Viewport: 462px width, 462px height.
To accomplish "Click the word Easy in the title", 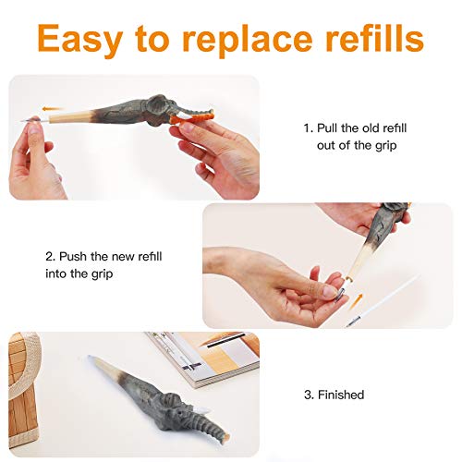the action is pos(81,39).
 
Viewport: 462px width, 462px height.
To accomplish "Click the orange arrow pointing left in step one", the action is pos(52,109).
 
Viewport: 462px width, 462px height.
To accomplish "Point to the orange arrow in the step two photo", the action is pos(358,300).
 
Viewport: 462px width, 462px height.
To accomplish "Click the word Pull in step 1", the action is pos(328,128).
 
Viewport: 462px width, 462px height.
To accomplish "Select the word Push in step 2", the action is pos(72,256).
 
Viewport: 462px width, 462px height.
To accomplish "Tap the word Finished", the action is pos(341,395).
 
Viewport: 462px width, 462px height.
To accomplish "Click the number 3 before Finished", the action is pos(308,395).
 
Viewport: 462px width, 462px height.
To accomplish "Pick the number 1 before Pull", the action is pos(308,128).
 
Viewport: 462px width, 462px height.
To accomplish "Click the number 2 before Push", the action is pos(50,256).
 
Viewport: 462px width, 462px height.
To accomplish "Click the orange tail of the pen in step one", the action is pos(191,118).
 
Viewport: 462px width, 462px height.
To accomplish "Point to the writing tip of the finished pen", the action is pos(90,357).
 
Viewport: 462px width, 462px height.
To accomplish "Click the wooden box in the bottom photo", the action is pos(22,391).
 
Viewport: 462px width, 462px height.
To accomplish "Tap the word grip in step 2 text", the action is pos(103,274).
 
